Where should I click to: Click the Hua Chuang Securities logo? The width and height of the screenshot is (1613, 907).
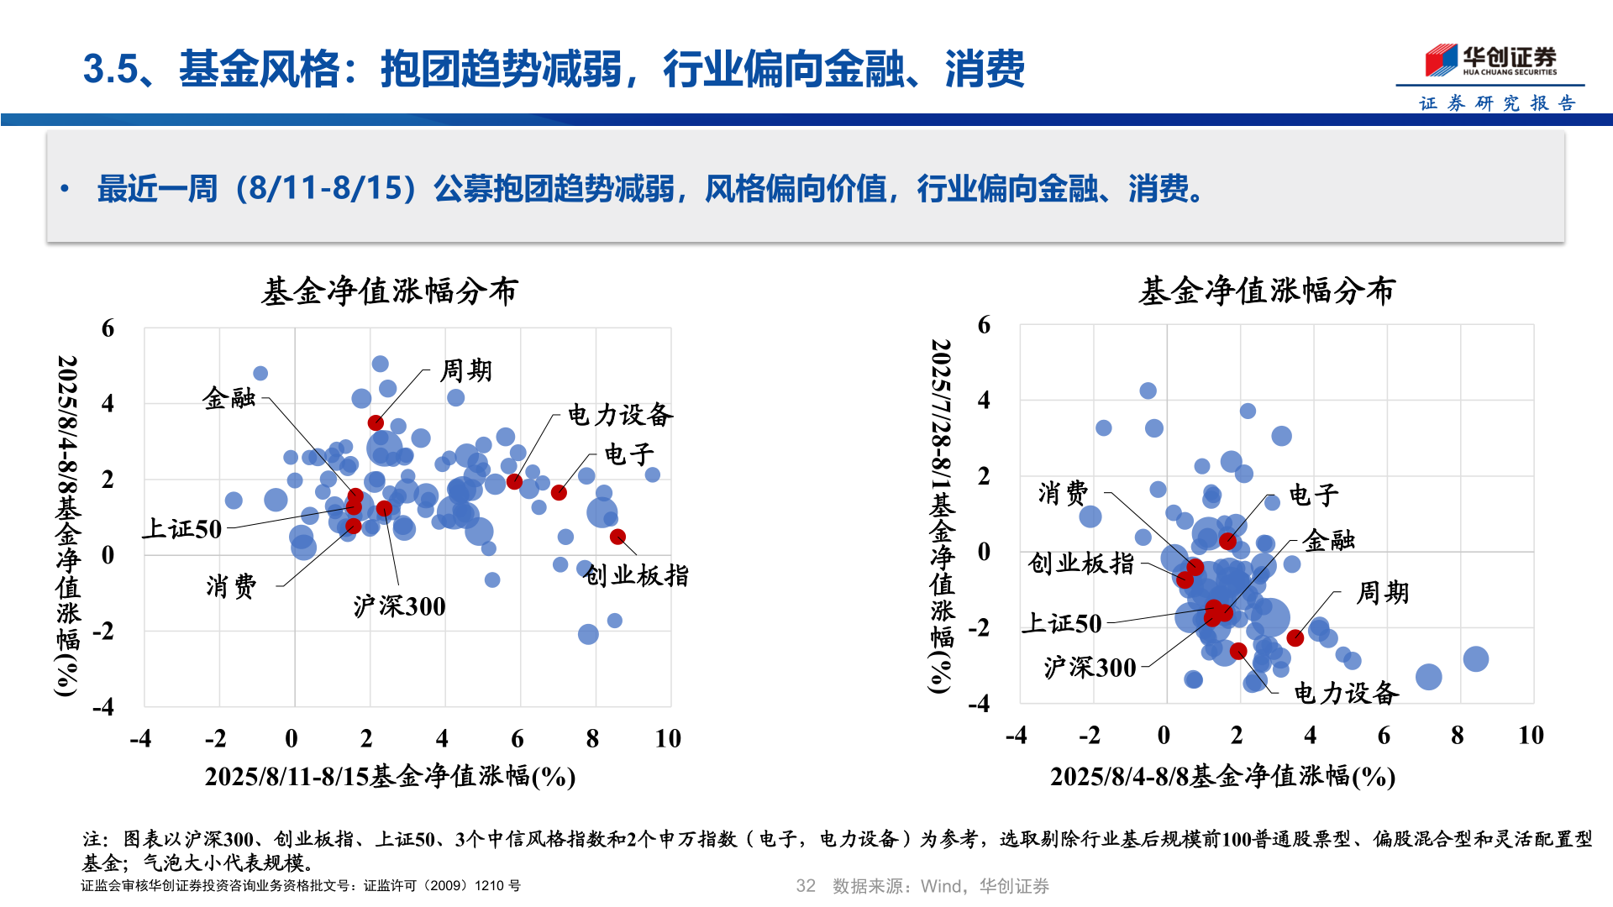click(1490, 60)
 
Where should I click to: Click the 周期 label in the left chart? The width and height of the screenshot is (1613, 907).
click(466, 370)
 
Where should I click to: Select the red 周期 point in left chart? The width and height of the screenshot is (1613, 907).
click(376, 422)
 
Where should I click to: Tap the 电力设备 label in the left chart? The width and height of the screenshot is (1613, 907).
click(620, 414)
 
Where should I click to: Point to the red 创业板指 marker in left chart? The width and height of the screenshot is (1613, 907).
click(617, 537)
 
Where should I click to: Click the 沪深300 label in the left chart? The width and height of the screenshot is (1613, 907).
click(399, 606)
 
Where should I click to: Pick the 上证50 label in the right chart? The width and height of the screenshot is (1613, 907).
click(1061, 623)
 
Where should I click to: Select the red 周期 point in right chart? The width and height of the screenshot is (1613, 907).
click(1295, 637)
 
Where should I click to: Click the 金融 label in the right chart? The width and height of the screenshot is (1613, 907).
click(1328, 540)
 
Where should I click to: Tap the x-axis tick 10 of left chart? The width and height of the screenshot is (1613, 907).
click(668, 738)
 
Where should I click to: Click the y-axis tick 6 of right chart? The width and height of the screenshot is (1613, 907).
click(984, 325)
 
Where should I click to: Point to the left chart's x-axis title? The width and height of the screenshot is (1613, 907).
click(390, 776)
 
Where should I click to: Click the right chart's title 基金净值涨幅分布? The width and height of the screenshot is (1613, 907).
click(1266, 291)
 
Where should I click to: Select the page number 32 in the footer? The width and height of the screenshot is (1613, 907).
click(805, 886)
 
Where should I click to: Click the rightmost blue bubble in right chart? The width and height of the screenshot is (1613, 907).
click(1475, 658)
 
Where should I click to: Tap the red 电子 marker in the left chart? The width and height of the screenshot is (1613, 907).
click(559, 492)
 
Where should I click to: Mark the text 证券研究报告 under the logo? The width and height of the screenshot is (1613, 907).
click(1497, 103)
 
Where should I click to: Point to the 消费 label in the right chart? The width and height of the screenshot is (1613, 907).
click(1063, 493)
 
